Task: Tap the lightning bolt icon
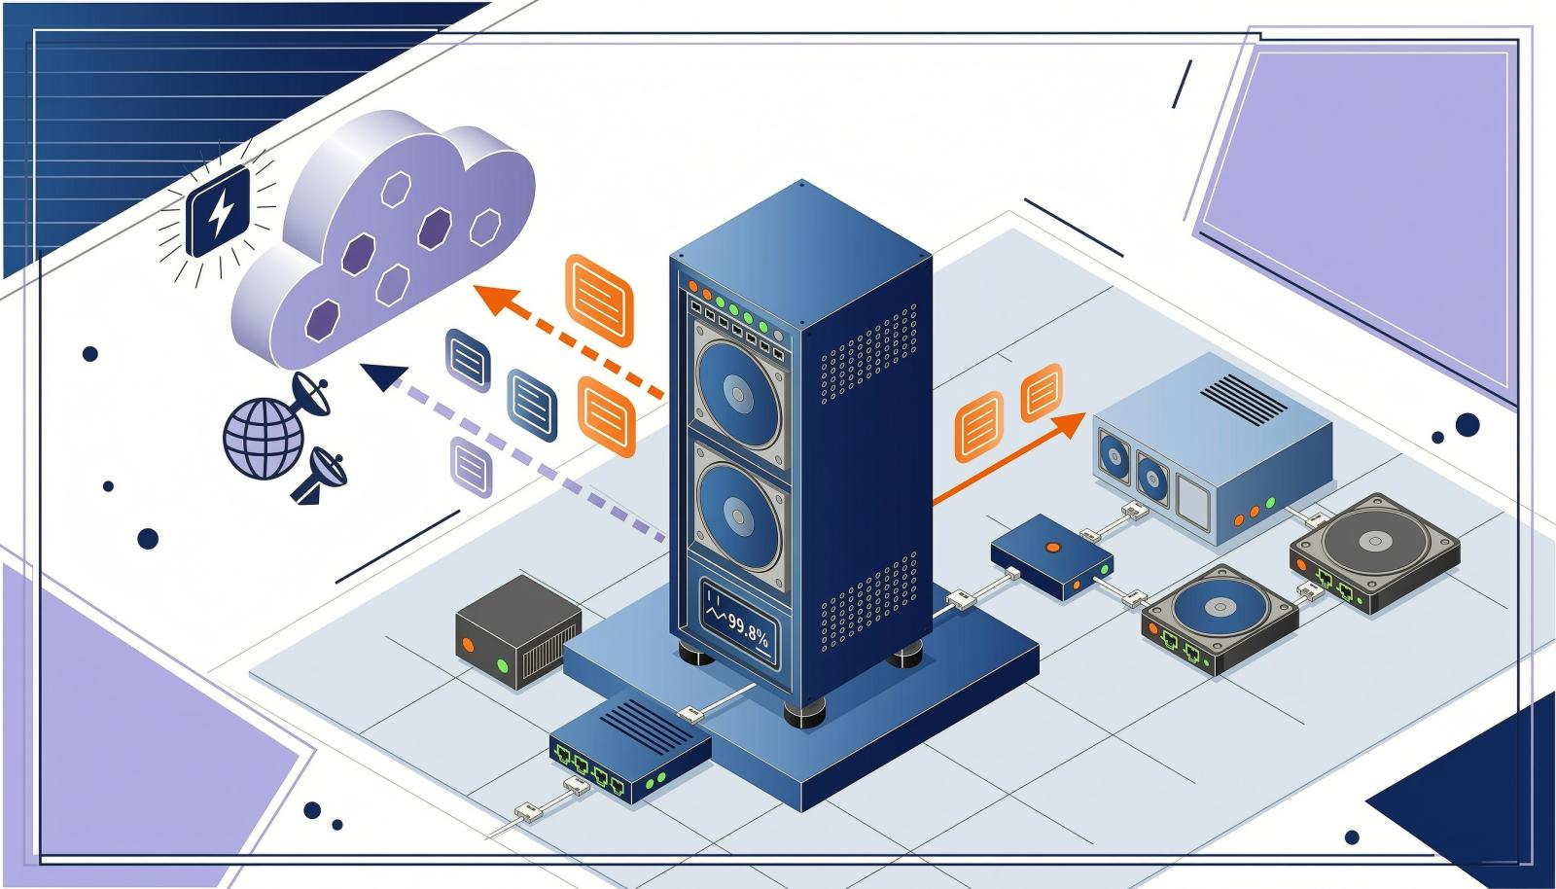click(x=219, y=212)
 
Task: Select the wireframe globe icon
click(x=264, y=438)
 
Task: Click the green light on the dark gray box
click(x=502, y=667)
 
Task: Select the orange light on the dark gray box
click(x=468, y=644)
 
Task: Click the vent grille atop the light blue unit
click(x=1244, y=400)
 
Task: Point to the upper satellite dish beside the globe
click(x=311, y=396)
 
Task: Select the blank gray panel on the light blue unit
click(x=1193, y=499)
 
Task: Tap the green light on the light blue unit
click(x=1270, y=502)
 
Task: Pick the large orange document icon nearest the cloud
click(x=599, y=300)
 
